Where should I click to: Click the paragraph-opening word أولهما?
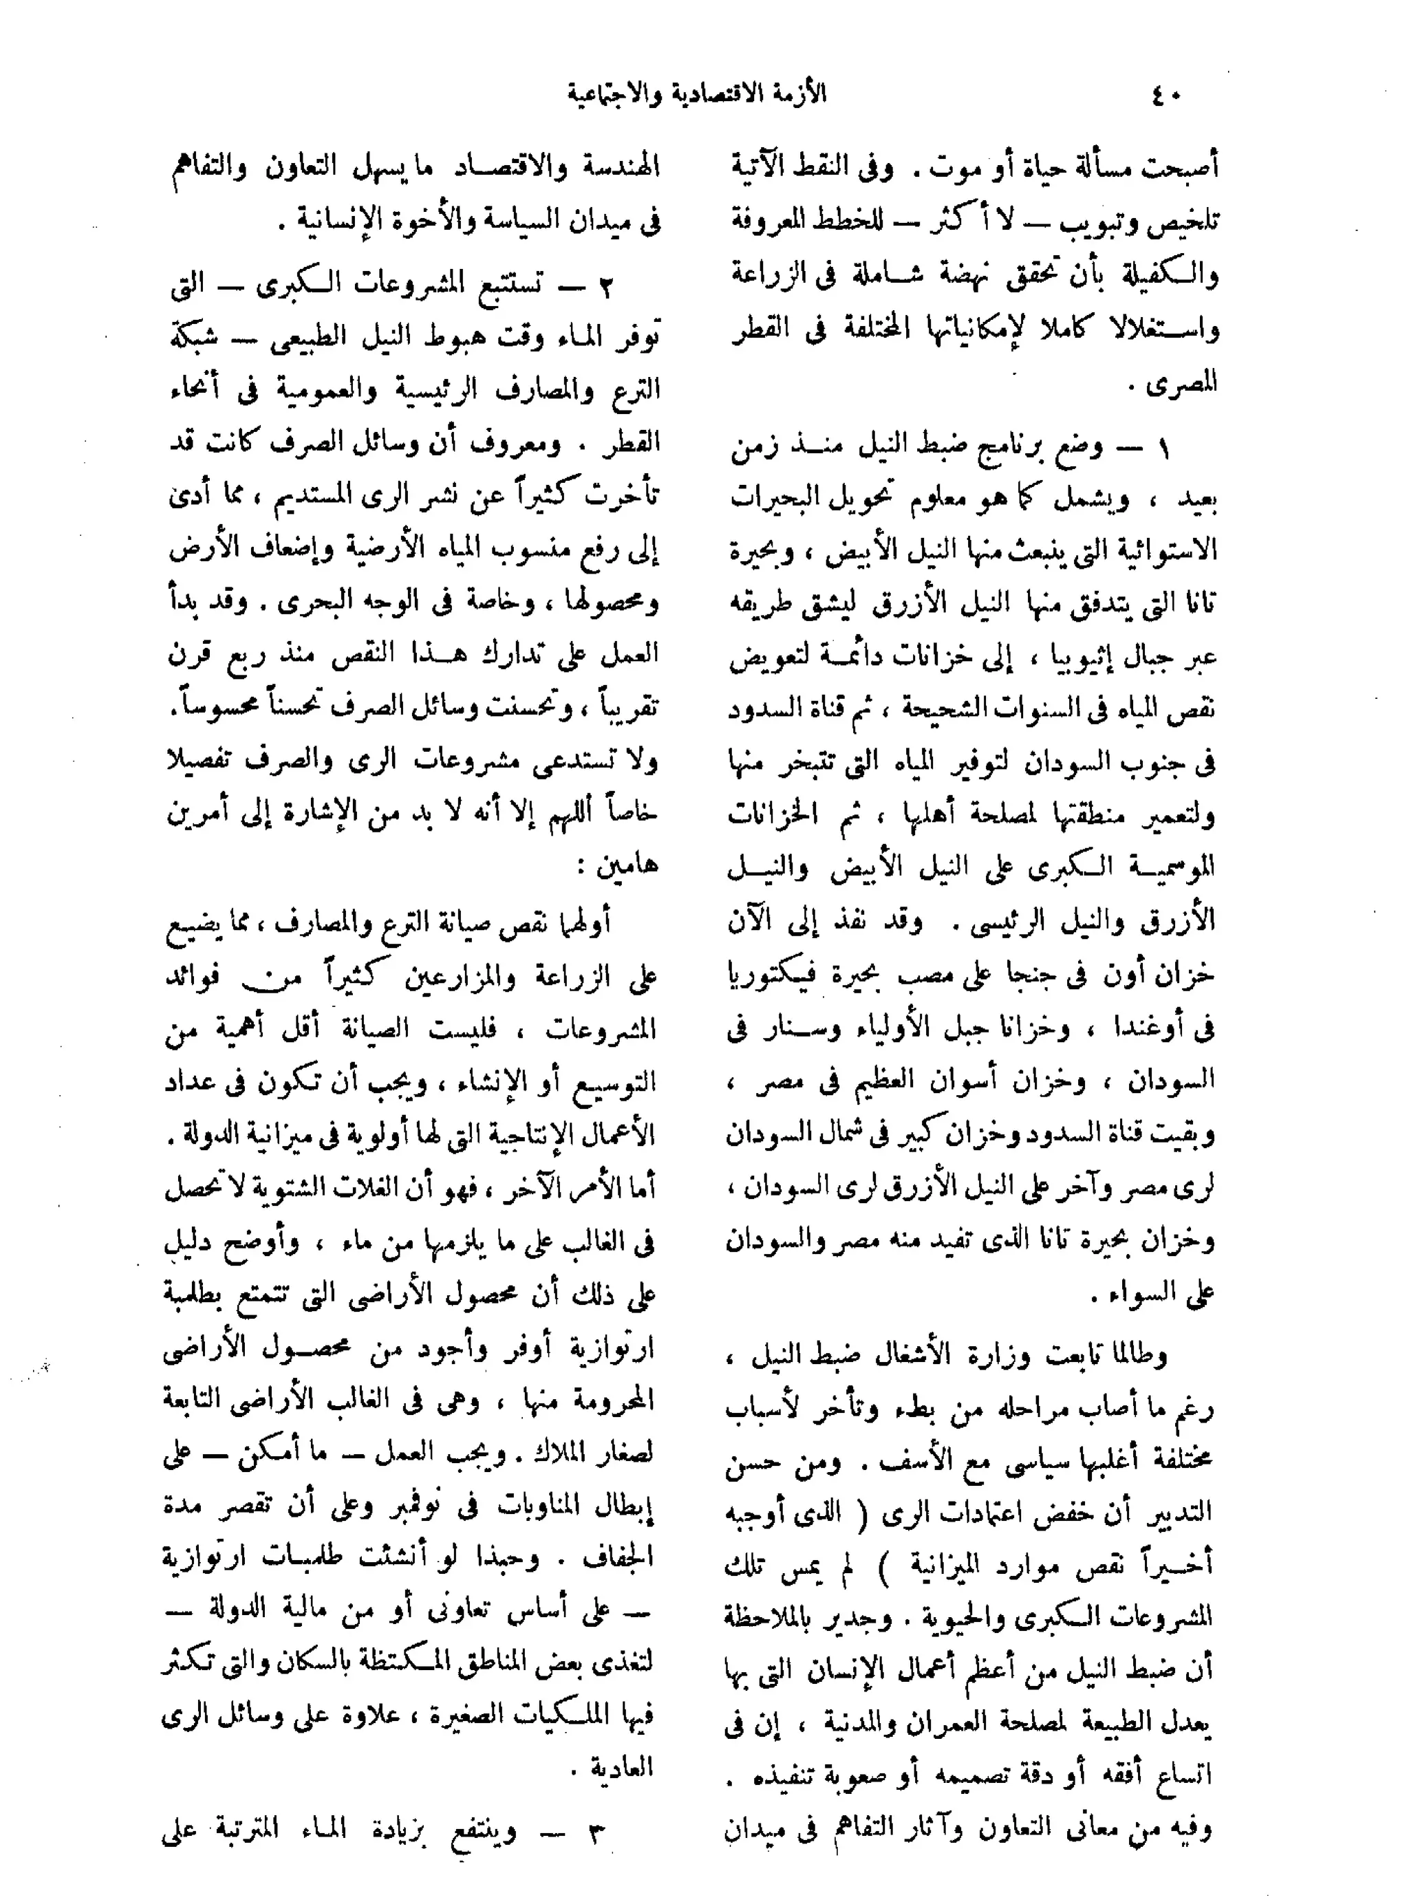tap(583, 923)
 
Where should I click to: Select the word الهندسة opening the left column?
tap(620, 166)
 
